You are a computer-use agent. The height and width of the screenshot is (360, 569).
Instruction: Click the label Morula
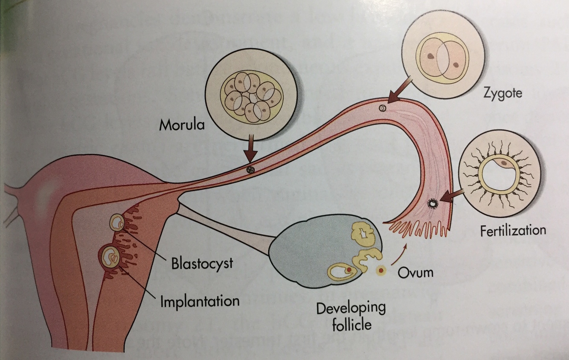[x=181, y=125]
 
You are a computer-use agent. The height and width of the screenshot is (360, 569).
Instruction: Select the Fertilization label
[x=513, y=231]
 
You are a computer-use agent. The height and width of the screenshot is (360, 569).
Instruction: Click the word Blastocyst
[x=202, y=263]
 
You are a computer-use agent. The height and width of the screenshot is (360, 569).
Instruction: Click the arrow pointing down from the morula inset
[x=252, y=150]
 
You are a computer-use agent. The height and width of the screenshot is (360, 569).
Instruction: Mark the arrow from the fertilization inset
[x=452, y=196]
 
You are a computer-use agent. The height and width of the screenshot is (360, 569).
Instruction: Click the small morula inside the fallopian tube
[x=250, y=169]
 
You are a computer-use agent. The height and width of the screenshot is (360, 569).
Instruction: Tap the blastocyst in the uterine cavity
[x=117, y=221]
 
